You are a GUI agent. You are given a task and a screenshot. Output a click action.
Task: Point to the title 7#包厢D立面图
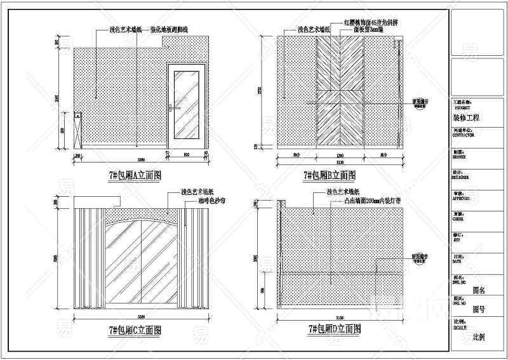coord(335,330)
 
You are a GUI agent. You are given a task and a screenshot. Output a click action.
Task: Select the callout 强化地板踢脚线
coord(170,30)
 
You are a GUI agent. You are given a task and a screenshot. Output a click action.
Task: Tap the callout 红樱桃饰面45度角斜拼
coord(371,22)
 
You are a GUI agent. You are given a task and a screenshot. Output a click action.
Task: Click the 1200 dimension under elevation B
coord(339,156)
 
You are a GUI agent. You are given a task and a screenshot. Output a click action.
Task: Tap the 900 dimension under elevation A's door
coord(187,154)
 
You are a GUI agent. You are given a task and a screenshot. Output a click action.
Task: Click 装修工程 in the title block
coord(467,118)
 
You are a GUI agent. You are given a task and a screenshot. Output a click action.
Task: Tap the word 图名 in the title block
coord(479,290)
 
